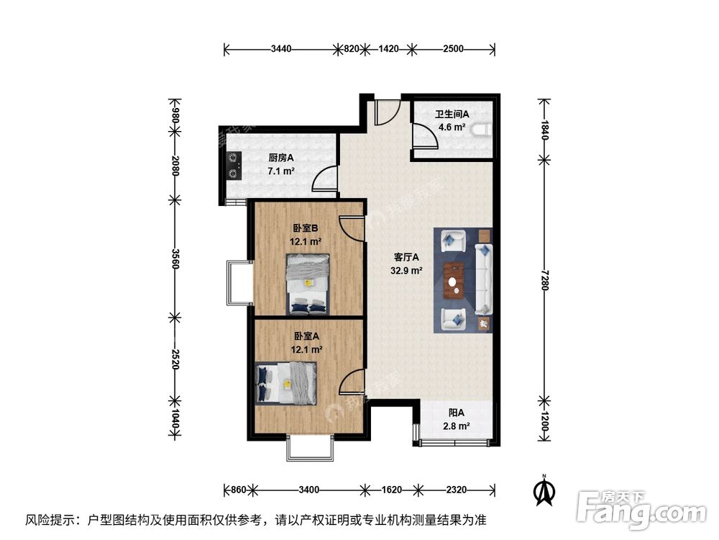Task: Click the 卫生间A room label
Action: point(452,114)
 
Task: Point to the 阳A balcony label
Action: point(456,413)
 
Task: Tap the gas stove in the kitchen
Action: point(234,164)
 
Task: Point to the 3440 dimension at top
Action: point(281,49)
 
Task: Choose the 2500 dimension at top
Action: point(453,49)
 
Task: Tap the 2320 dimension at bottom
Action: point(456,490)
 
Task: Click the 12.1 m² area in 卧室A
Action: point(306,349)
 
